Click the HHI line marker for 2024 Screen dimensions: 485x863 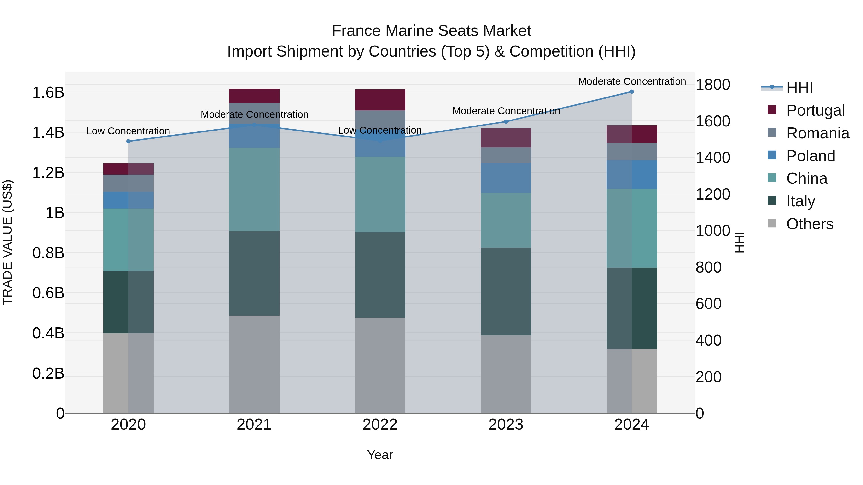[631, 92]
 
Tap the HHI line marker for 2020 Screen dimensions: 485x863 [128, 141]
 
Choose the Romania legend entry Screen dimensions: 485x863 [817, 133]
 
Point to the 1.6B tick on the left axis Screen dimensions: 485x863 [48, 92]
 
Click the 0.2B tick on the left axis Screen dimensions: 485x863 [48, 373]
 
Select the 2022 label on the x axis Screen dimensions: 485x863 [380, 424]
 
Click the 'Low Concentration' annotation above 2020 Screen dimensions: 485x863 [128, 131]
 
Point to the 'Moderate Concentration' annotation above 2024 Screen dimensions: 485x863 [632, 81]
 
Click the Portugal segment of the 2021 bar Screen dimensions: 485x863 [254, 96]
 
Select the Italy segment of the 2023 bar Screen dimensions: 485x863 [506, 291]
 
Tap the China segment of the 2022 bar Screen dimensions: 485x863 [380, 194]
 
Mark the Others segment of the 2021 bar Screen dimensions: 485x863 [254, 364]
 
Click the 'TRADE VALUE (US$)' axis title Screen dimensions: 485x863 [7, 242]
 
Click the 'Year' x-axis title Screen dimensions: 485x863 [380, 455]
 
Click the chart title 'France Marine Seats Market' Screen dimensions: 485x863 [431, 31]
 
